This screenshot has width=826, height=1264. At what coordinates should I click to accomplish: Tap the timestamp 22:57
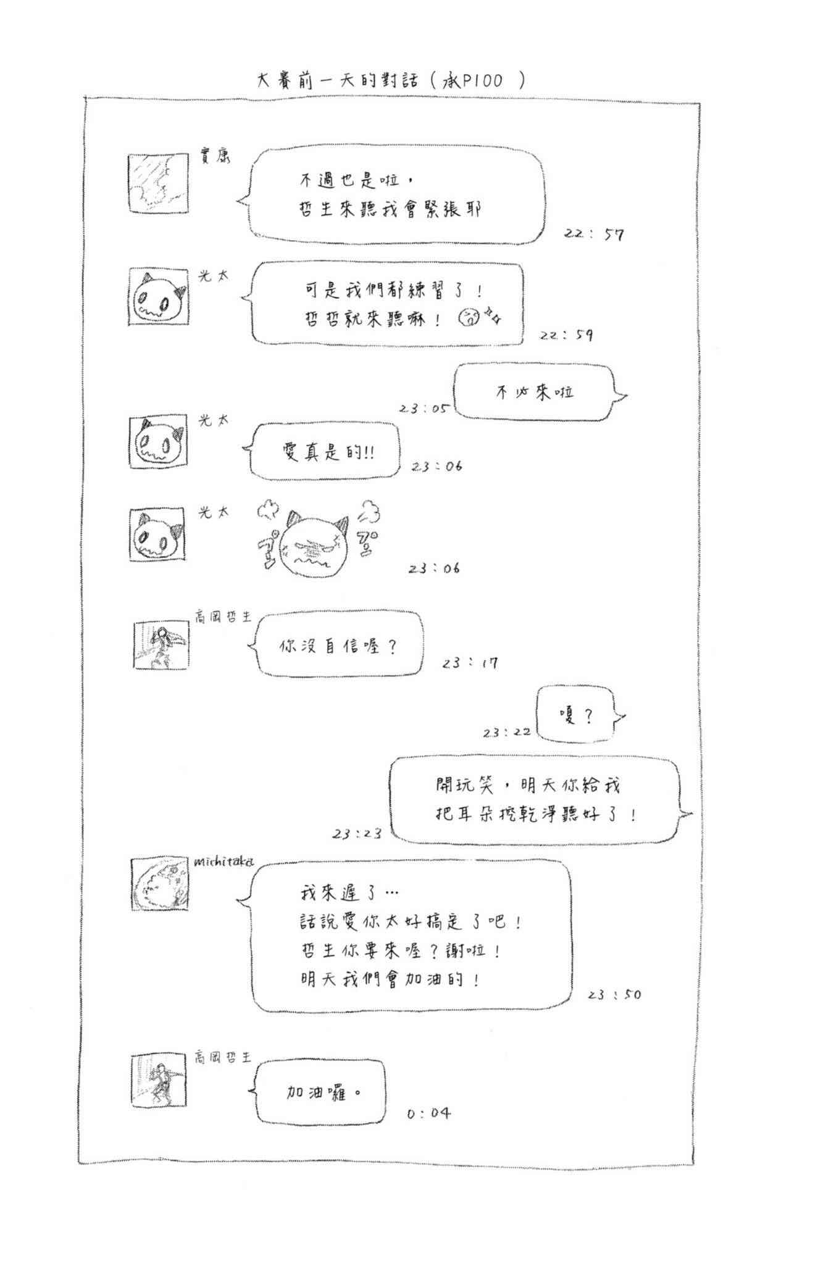[x=593, y=234]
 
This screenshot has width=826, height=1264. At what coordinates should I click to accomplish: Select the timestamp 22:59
[x=566, y=335]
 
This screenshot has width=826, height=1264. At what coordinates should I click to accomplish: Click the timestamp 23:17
[x=470, y=663]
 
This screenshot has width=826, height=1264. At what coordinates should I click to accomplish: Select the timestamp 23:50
[x=614, y=994]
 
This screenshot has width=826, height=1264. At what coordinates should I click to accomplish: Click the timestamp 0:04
[x=428, y=1113]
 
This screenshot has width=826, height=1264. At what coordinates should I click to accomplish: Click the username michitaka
[x=223, y=862]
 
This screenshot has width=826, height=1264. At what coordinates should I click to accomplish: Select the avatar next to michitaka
[x=160, y=884]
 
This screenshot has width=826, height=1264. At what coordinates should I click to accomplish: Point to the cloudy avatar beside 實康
[x=157, y=183]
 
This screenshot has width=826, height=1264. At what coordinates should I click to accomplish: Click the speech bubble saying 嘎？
[x=577, y=715]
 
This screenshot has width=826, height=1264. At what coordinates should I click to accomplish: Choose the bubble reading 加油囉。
[x=320, y=1092]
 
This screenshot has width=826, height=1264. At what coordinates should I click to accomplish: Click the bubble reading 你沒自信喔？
[x=338, y=646]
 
